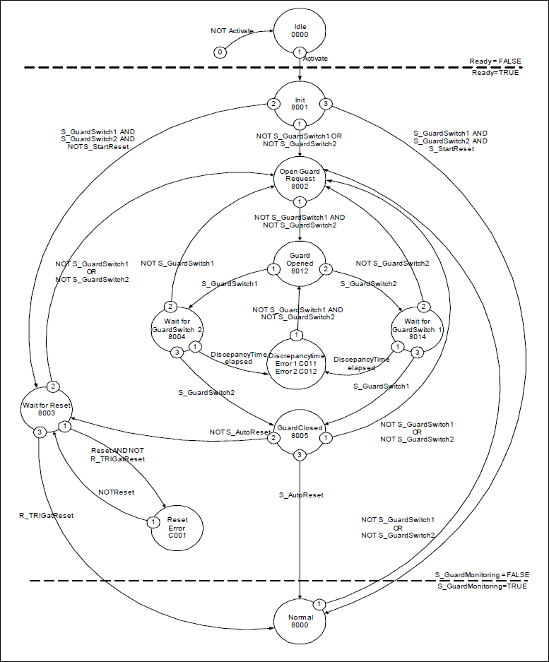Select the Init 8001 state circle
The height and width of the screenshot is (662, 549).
300,105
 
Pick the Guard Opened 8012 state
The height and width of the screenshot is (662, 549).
300,263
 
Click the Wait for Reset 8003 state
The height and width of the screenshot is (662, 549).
47,410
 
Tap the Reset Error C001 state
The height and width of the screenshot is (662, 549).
177,526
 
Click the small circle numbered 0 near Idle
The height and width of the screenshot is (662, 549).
220,52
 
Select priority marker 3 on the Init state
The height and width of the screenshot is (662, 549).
326,104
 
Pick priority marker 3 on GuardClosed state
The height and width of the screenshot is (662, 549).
300,454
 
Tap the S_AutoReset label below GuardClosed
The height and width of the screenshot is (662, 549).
301,495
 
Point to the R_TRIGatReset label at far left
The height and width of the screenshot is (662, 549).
47,515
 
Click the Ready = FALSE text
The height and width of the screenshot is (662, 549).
494,61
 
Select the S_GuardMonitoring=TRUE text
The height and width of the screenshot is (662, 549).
482,586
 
